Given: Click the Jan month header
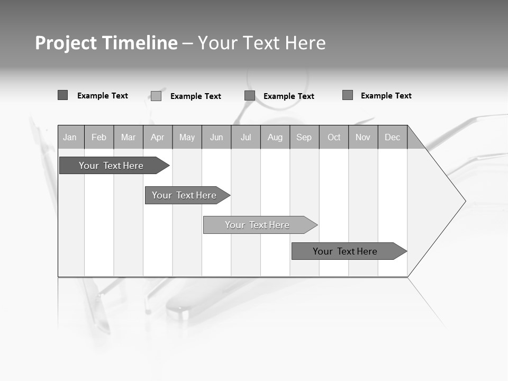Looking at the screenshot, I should [x=70, y=138].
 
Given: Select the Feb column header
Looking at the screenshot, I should [x=99, y=138].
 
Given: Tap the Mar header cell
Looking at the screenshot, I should [x=128, y=138].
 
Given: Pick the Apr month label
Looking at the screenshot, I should [x=158, y=138].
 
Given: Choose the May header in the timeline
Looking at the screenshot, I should [x=187, y=138].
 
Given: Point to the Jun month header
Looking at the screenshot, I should [x=216, y=138].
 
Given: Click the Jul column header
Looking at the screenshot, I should [x=246, y=138].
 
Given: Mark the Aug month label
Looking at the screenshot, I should [x=275, y=138].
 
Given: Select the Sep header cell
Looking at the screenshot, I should [x=304, y=138].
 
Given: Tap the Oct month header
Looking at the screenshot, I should [x=334, y=138].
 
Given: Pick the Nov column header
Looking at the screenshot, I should [x=363, y=138].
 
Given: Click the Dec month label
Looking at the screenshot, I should [x=393, y=138].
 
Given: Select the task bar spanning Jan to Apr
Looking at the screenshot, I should [x=111, y=166].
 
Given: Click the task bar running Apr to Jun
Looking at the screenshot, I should [x=184, y=195].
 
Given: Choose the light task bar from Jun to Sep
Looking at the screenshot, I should [x=257, y=225].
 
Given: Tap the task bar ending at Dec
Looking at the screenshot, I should [x=345, y=251].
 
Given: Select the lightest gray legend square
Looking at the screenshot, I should [x=156, y=96].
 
